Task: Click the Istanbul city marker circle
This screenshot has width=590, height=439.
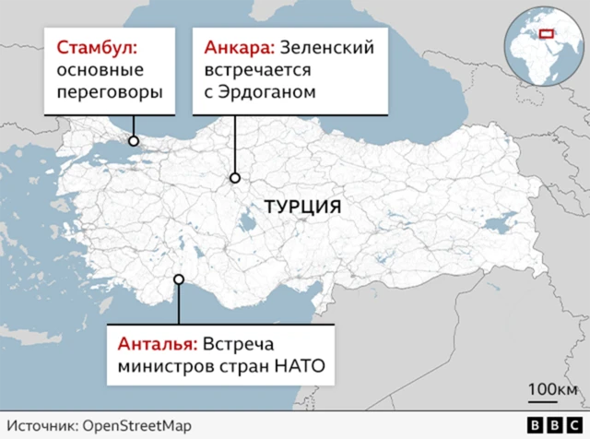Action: click(134, 141)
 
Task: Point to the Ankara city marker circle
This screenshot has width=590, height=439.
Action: click(235, 178)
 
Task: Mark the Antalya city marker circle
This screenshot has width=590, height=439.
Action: click(180, 280)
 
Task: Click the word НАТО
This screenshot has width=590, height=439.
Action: click(303, 370)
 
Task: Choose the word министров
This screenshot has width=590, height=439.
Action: click(159, 370)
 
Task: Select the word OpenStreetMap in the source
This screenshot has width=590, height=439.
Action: click(137, 425)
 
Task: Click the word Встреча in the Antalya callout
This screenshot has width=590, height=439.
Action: click(238, 346)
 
